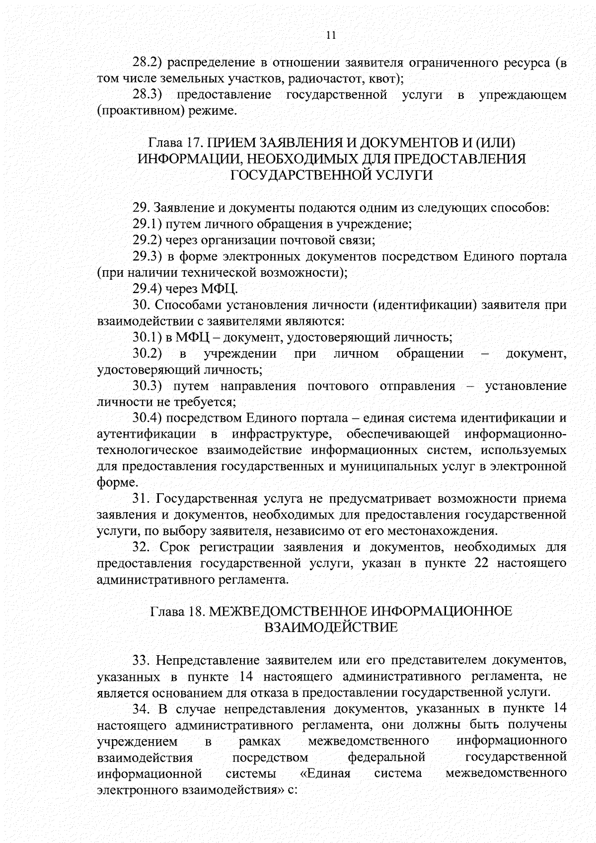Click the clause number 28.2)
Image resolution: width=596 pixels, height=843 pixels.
point(148,63)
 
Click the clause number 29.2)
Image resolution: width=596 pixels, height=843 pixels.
point(148,240)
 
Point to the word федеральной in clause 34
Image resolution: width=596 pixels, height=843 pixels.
point(386,758)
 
